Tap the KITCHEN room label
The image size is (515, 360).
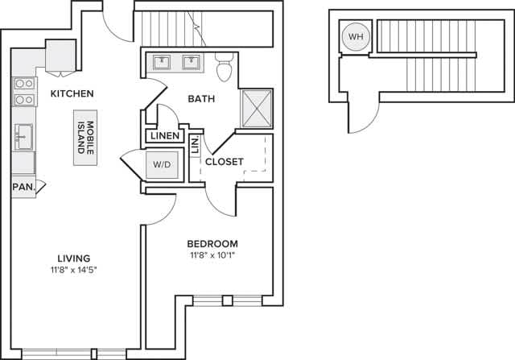click(72, 93)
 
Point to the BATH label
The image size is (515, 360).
click(200, 100)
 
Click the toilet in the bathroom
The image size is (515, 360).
click(225, 67)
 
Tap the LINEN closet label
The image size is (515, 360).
click(164, 136)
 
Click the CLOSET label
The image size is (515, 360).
click(224, 162)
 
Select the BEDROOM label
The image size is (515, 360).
click(212, 244)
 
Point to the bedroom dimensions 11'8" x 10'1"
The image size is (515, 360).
click(212, 257)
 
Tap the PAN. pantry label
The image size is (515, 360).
click(22, 187)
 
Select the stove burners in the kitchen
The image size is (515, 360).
click(23, 91)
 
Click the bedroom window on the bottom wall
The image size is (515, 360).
click(228, 301)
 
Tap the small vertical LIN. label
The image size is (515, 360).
click(196, 146)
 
